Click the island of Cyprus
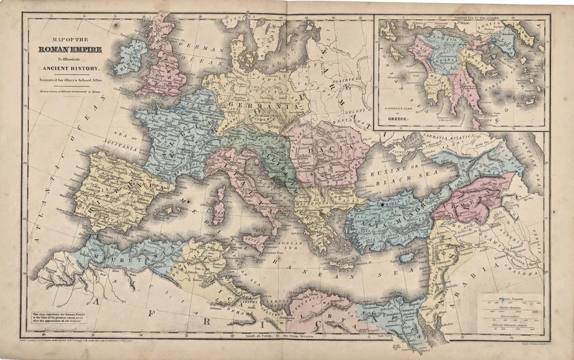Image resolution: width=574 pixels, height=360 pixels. pyautogui.click(x=408, y=256)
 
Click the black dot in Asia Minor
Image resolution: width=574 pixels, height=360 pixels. pyautogui.click(x=381, y=205)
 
